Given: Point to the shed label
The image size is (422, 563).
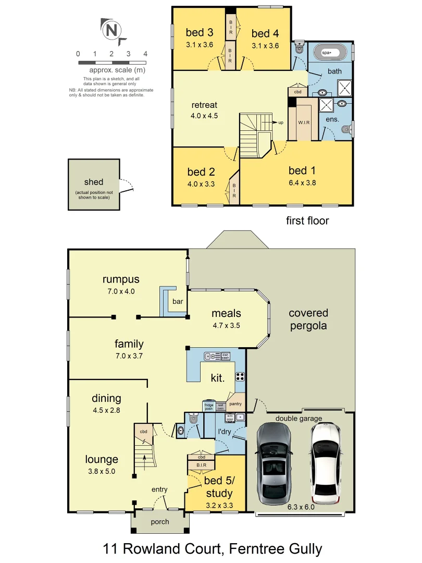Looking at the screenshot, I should (94, 182).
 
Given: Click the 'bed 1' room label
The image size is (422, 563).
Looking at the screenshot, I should (302, 170).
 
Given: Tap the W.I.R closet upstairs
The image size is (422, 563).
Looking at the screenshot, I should (304, 123).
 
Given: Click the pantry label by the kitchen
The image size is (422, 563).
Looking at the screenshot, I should (235, 403).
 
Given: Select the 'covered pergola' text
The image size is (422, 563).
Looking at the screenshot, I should (308, 319).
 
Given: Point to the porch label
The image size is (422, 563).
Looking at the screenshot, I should (159, 521).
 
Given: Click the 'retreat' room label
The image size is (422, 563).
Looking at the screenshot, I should (204, 106).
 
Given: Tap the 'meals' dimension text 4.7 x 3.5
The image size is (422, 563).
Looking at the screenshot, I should (226, 326).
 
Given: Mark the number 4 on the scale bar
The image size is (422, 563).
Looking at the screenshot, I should (145, 54).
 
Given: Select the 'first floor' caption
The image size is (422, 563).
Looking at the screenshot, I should (307, 221).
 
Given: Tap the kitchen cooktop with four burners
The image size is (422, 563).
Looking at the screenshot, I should (241, 376).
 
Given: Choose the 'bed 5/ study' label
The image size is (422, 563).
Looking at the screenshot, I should (218, 487).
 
